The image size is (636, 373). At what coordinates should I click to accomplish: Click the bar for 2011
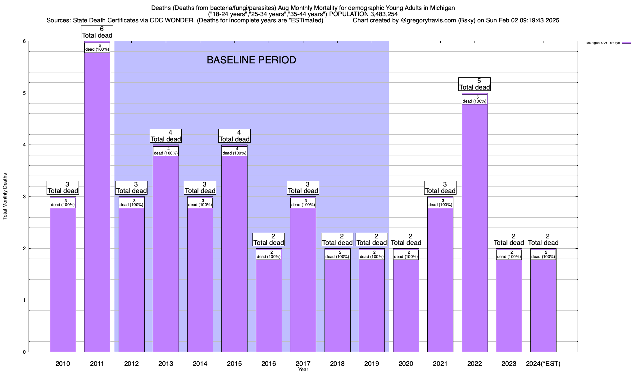coord(97,202)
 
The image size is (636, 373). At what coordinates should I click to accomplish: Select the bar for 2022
coord(475,227)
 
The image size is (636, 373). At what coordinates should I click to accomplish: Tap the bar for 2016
coord(269,305)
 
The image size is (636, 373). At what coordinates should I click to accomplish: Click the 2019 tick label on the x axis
coord(371,363)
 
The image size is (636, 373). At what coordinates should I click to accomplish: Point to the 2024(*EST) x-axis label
coord(543,363)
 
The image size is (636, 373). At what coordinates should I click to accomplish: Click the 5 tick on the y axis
coord(24,93)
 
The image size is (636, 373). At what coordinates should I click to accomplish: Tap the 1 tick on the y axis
coord(24,300)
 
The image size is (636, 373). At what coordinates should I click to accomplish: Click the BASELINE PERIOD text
coord(251,60)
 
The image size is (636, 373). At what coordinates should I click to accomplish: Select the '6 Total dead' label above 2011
coord(97,32)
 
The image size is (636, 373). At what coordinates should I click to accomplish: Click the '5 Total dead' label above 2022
coord(475,84)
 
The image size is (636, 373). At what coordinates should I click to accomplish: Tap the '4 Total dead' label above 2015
coord(234,136)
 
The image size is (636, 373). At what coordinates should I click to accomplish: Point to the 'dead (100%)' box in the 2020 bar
coord(406,255)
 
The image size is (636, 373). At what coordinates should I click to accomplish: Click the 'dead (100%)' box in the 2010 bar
coord(63,203)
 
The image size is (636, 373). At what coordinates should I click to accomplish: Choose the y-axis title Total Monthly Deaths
coord(5,196)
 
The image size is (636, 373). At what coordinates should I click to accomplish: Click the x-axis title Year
coord(303,370)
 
